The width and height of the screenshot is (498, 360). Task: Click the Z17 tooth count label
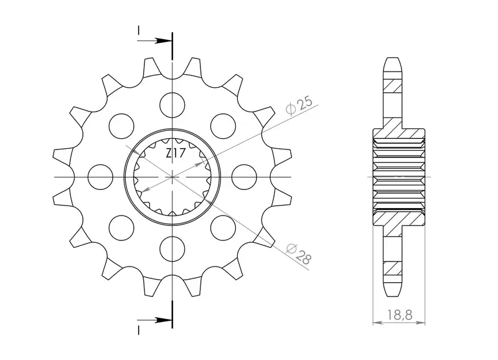176,154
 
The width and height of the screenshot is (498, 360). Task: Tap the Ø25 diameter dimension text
299,106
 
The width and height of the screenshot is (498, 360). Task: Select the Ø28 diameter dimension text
298,254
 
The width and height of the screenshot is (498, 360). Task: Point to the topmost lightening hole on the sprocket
172,105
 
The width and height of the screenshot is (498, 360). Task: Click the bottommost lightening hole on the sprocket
172,249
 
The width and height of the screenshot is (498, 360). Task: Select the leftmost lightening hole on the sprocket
100,177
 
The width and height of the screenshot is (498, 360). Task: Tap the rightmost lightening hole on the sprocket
244,177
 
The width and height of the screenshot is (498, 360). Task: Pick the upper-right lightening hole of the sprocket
223,126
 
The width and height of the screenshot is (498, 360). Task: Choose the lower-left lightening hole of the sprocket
121,227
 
